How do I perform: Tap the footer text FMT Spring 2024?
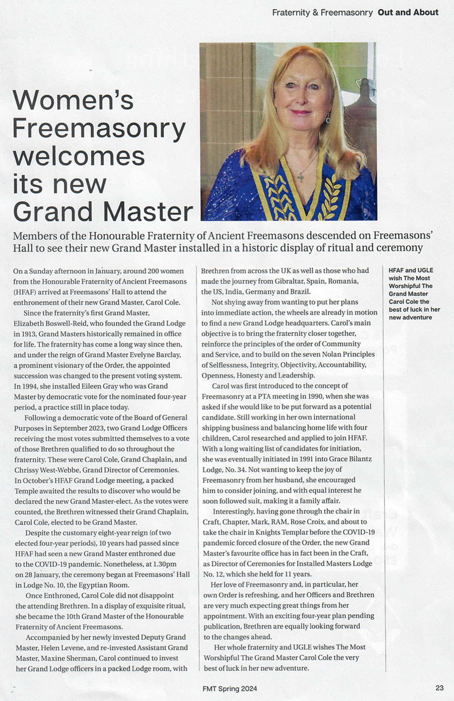(x=229, y=689)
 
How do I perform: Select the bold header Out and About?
(x=408, y=12)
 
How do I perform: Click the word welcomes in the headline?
(x=79, y=156)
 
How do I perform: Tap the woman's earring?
(x=328, y=120)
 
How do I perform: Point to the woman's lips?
(x=301, y=112)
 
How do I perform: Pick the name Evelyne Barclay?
(x=154, y=355)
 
